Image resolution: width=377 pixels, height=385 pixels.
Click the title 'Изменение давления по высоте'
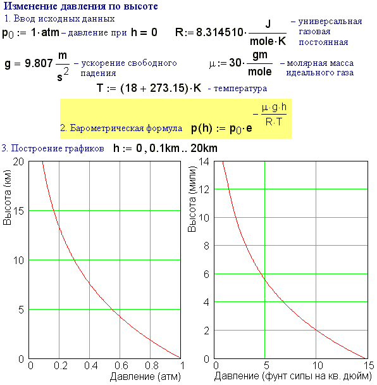(81, 6)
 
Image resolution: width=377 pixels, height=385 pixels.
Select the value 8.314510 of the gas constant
(219, 32)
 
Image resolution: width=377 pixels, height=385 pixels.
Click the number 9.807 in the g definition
(39, 63)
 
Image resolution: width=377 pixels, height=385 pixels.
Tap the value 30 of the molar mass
(235, 63)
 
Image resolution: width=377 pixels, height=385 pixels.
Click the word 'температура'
(240, 89)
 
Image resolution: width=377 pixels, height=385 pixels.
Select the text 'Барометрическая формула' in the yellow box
(126, 128)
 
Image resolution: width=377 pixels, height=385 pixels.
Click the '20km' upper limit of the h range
(204, 148)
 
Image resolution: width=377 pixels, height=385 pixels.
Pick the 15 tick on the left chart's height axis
(18, 211)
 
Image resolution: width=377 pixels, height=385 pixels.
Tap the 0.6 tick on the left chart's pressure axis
(121, 366)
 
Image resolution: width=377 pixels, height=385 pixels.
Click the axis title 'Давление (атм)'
(145, 376)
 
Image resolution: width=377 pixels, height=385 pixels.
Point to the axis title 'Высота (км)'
(7, 197)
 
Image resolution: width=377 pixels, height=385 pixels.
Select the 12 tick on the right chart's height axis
(204, 189)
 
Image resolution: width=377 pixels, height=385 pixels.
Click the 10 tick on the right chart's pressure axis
(318, 366)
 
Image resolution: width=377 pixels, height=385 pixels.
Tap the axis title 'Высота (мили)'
(192, 199)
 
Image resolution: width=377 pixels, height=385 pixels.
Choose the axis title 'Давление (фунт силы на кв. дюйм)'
(293, 376)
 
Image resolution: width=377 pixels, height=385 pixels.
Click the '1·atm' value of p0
(45, 32)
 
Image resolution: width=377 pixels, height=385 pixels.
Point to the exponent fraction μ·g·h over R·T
(274, 114)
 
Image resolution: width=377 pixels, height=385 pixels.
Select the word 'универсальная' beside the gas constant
(330, 22)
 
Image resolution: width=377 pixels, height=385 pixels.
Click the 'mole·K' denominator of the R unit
(268, 41)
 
